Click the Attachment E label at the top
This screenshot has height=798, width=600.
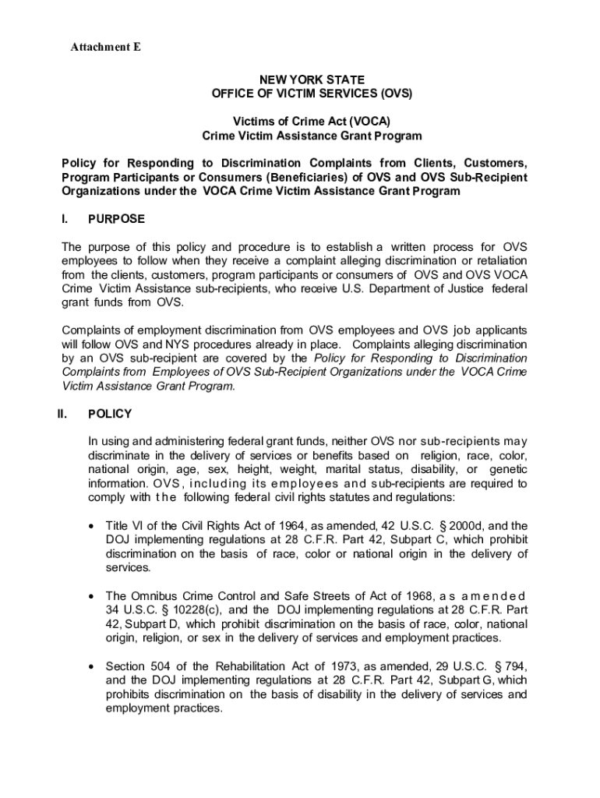(x=106, y=48)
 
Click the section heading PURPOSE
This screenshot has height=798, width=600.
(x=116, y=219)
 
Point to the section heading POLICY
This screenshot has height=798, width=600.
(x=110, y=414)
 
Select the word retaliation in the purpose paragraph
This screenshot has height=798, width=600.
(x=495, y=260)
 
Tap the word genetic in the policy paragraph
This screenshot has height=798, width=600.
(x=508, y=469)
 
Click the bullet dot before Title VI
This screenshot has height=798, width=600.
(x=92, y=526)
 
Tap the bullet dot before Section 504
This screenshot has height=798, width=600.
(x=92, y=667)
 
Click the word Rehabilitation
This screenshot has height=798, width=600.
(x=227, y=666)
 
